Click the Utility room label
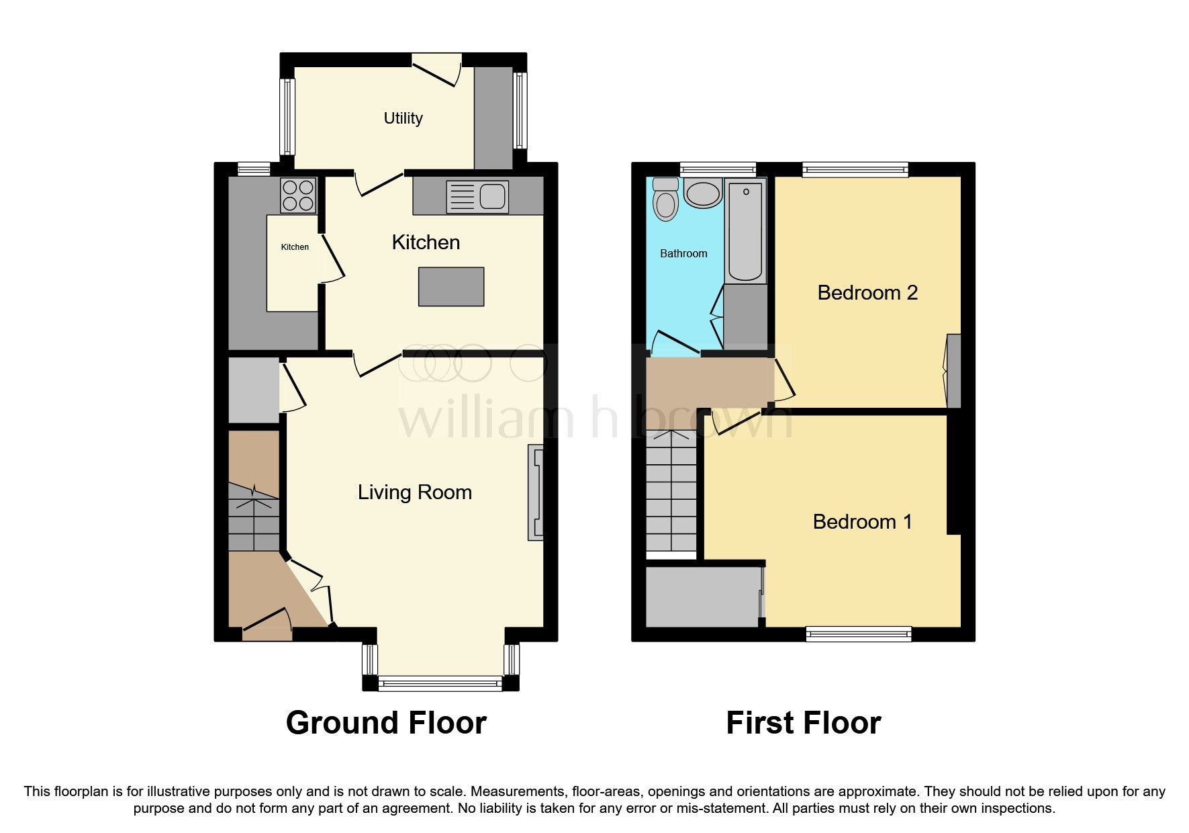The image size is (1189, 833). click(403, 118)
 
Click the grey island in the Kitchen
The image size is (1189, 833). click(451, 286)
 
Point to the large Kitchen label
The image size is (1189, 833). click(426, 243)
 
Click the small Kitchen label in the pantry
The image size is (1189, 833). click(295, 247)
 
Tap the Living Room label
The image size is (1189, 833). click(414, 492)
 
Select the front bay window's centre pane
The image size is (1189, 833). click(440, 684)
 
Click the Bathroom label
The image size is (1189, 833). click(683, 253)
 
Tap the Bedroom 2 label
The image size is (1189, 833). click(867, 293)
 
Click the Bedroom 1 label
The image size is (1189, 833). click(862, 522)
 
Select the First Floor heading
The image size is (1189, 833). click(803, 724)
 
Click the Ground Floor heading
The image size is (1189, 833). click(386, 724)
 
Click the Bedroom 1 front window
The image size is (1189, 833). click(859, 633)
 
